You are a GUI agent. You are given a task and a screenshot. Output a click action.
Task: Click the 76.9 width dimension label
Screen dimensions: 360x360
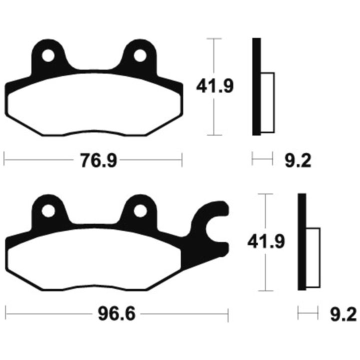tap(98, 160)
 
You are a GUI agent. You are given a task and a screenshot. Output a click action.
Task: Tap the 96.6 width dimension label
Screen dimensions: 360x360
tap(117, 314)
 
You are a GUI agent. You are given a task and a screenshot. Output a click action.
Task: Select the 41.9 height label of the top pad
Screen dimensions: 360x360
tap(215, 86)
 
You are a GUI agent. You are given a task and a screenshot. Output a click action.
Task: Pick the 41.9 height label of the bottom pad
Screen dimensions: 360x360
tap(266, 241)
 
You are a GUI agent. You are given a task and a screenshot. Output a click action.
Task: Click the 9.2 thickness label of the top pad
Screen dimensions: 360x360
tap(298, 160)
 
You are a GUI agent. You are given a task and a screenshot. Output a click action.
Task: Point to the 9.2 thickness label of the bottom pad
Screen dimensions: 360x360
tap(343, 314)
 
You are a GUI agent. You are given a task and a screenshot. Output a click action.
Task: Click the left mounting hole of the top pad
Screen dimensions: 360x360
tap(48, 56)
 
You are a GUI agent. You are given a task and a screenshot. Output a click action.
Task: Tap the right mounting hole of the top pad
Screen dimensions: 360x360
tap(140, 56)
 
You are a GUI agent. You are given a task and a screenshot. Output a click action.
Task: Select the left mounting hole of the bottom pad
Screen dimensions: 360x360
tap(48, 211)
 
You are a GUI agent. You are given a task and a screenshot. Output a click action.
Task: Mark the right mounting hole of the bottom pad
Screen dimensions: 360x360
tap(140, 211)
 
